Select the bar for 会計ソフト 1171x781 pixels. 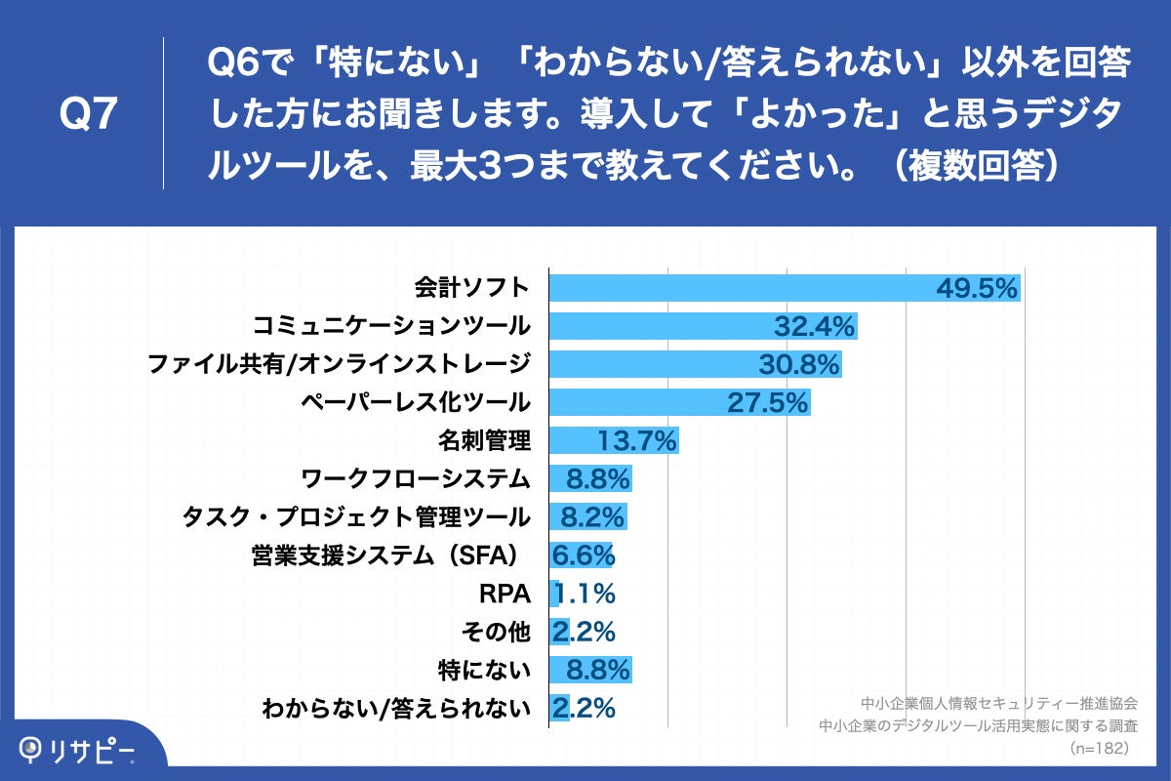pyautogui.click(x=742, y=288)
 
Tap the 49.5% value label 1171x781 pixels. pyautogui.click(x=977, y=288)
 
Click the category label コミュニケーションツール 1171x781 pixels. pyautogui.click(x=391, y=326)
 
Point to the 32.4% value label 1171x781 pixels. pyautogui.click(x=815, y=326)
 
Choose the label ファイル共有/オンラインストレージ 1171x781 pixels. pyautogui.click(x=339, y=364)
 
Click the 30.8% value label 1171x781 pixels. pyautogui.click(x=799, y=364)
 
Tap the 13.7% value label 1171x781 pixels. pyautogui.click(x=636, y=440)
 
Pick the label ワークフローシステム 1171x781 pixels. pyautogui.click(x=416, y=478)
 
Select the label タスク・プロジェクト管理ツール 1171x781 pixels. pyautogui.click(x=356, y=516)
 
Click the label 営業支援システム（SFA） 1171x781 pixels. pyautogui.click(x=385, y=555)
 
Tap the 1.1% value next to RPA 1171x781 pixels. pyautogui.click(x=585, y=593)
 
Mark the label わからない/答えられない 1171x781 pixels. pyautogui.click(x=396, y=708)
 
